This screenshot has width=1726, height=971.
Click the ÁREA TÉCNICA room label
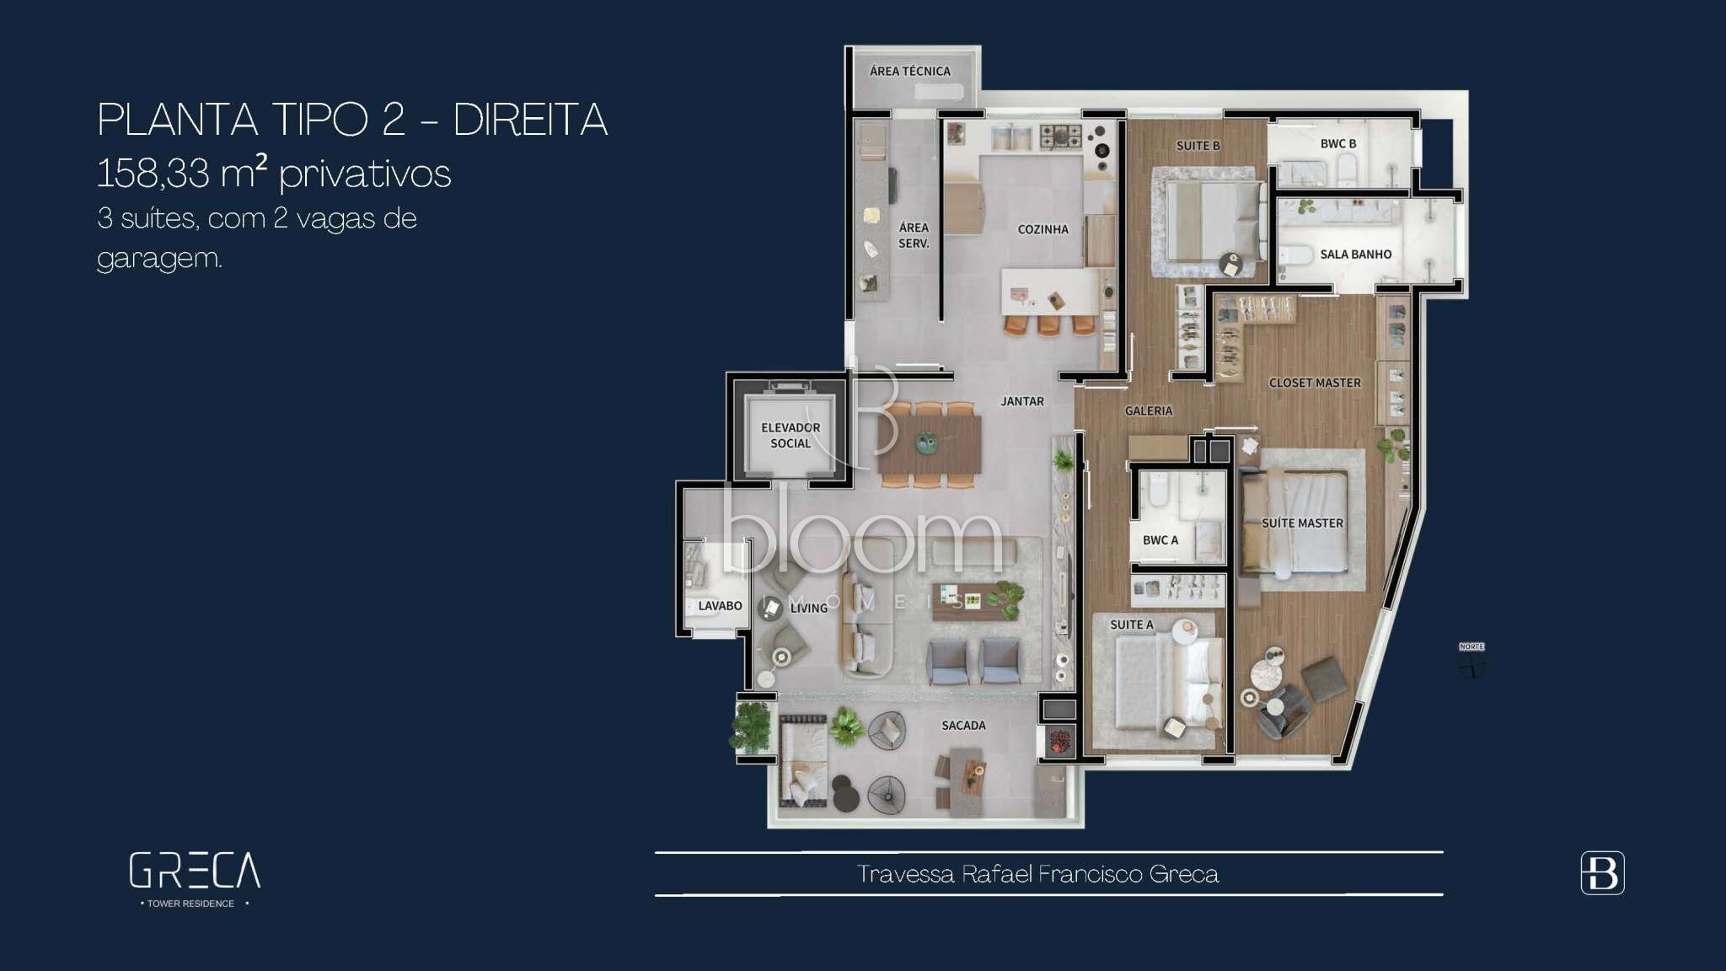tap(910, 72)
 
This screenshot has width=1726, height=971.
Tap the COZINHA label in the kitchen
tap(1043, 229)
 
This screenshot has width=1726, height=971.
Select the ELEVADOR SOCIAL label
tap(791, 435)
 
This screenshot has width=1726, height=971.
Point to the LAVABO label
tap(720, 606)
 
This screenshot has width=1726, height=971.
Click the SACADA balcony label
tap(963, 725)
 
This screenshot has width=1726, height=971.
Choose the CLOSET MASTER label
tap(1315, 383)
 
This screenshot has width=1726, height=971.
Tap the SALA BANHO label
tap(1355, 254)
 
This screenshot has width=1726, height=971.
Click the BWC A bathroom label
tap(1160, 540)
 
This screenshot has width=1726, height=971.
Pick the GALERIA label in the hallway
tap(1149, 410)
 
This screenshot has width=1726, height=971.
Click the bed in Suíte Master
tap(1294, 523)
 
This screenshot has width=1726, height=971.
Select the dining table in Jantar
tap(929, 445)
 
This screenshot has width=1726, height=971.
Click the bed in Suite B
tap(1214, 221)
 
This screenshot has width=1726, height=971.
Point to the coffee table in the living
tap(974, 602)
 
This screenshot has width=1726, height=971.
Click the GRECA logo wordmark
tap(195, 871)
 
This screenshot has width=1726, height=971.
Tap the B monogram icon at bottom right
tap(1602, 872)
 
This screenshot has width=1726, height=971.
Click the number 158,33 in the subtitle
tap(153, 174)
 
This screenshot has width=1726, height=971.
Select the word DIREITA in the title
tap(530, 120)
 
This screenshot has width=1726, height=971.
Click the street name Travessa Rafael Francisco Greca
tap(1037, 874)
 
